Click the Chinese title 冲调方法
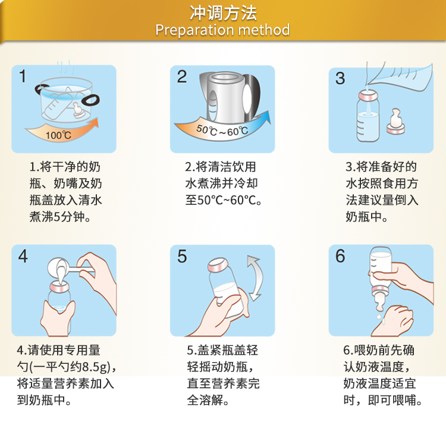coord(223,13)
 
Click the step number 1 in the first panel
coord(23,76)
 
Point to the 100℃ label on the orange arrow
coord(58,135)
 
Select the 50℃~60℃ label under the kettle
coord(222,130)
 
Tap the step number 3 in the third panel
coord(340,78)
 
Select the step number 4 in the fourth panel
coord(23,256)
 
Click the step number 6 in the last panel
coord(340,256)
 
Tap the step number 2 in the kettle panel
coord(182,77)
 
